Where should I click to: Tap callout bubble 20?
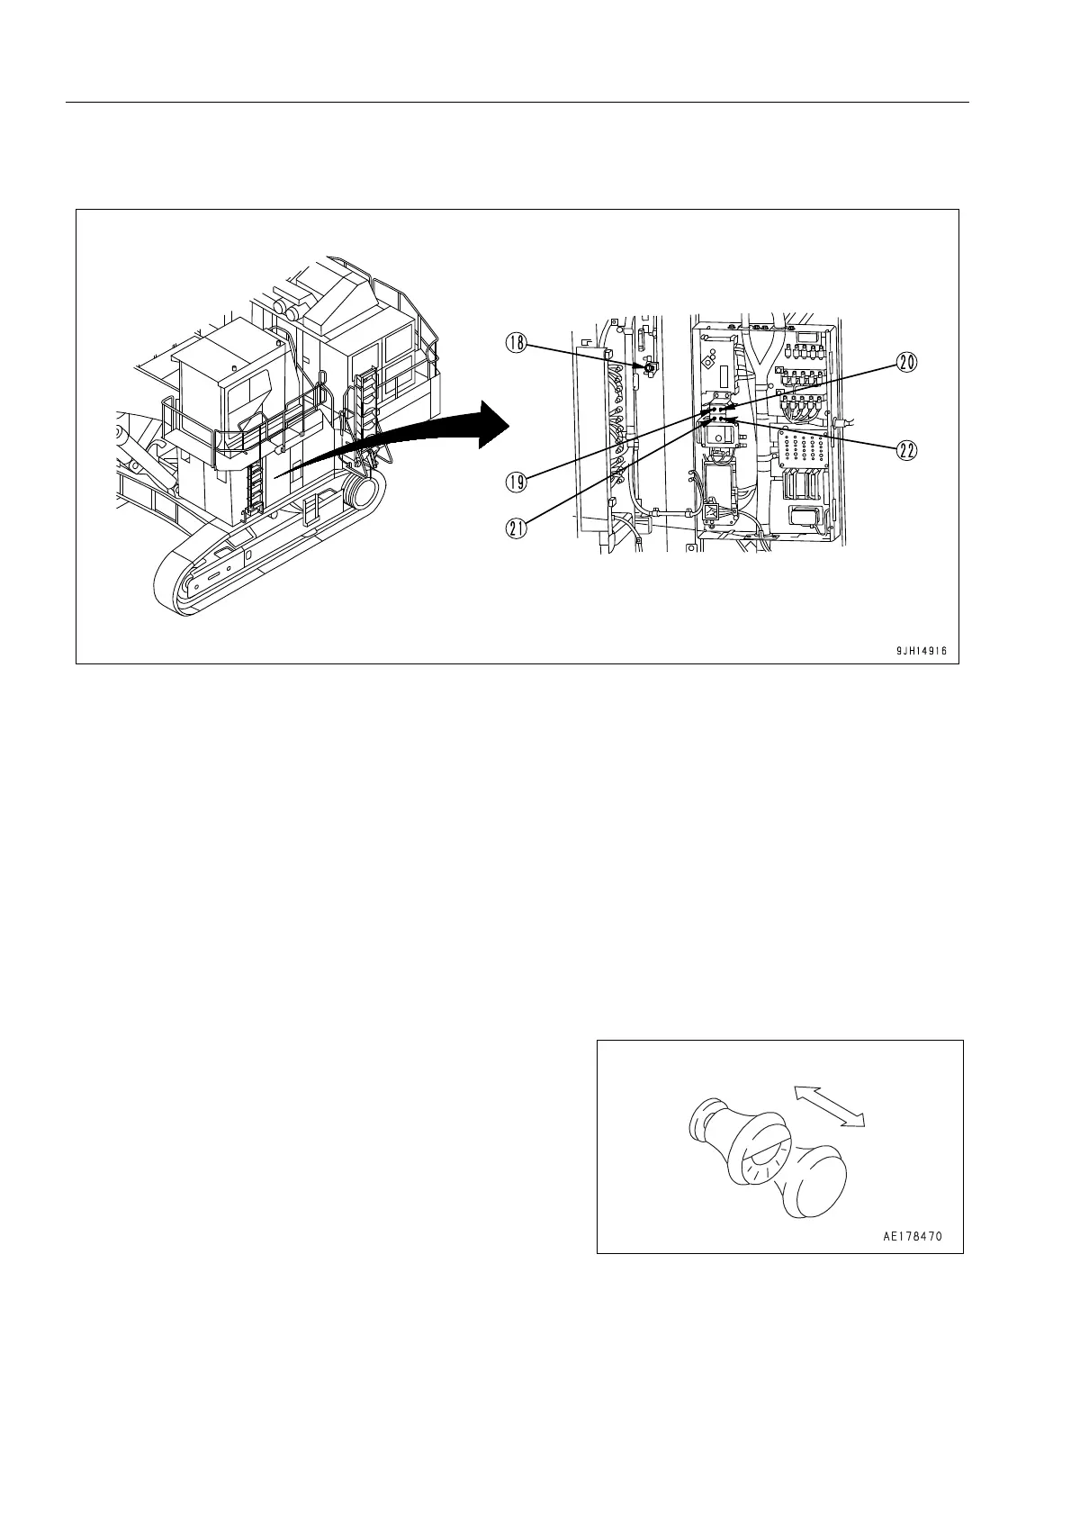(906, 362)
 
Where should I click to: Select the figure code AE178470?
(912, 1237)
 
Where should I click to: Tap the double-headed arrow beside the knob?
(829, 1105)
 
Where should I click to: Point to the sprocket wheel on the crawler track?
(361, 495)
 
